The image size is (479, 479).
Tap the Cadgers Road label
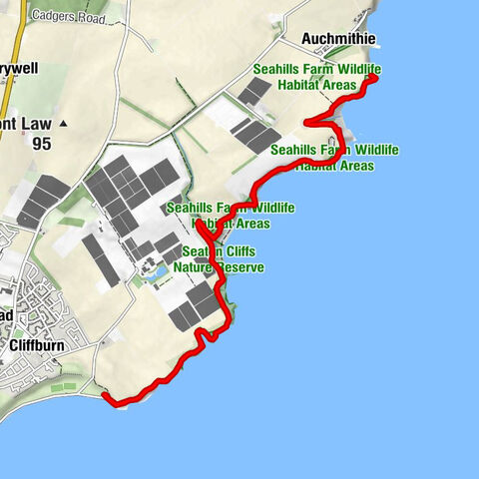click(x=68, y=16)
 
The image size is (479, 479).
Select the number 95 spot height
click(x=42, y=143)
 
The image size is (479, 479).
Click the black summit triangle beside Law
click(x=64, y=124)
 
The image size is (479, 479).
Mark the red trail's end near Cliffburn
click(x=106, y=397)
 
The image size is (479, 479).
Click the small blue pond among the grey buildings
click(x=157, y=270)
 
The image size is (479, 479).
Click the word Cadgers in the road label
click(x=53, y=16)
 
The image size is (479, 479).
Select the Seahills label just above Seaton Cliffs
click(x=231, y=215)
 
